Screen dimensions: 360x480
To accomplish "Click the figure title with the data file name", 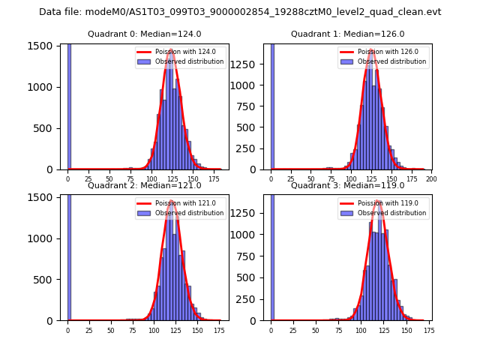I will [x=240, y=12].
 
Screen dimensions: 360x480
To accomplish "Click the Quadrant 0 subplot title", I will [x=144, y=34].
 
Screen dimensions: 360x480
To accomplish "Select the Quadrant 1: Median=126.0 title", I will [x=347, y=34].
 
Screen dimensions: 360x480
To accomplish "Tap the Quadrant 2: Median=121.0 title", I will [x=144, y=185].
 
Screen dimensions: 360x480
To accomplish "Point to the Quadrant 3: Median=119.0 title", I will [x=347, y=185].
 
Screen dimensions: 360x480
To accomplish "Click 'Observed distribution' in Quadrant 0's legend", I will [x=188, y=61].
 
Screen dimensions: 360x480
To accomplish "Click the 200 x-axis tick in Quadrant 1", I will [x=431, y=179].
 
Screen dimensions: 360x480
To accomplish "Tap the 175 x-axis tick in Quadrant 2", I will [x=220, y=330].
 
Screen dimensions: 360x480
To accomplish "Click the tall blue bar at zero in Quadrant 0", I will [x=69, y=105].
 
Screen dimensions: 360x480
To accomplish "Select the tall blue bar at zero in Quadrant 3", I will [x=272, y=255].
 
